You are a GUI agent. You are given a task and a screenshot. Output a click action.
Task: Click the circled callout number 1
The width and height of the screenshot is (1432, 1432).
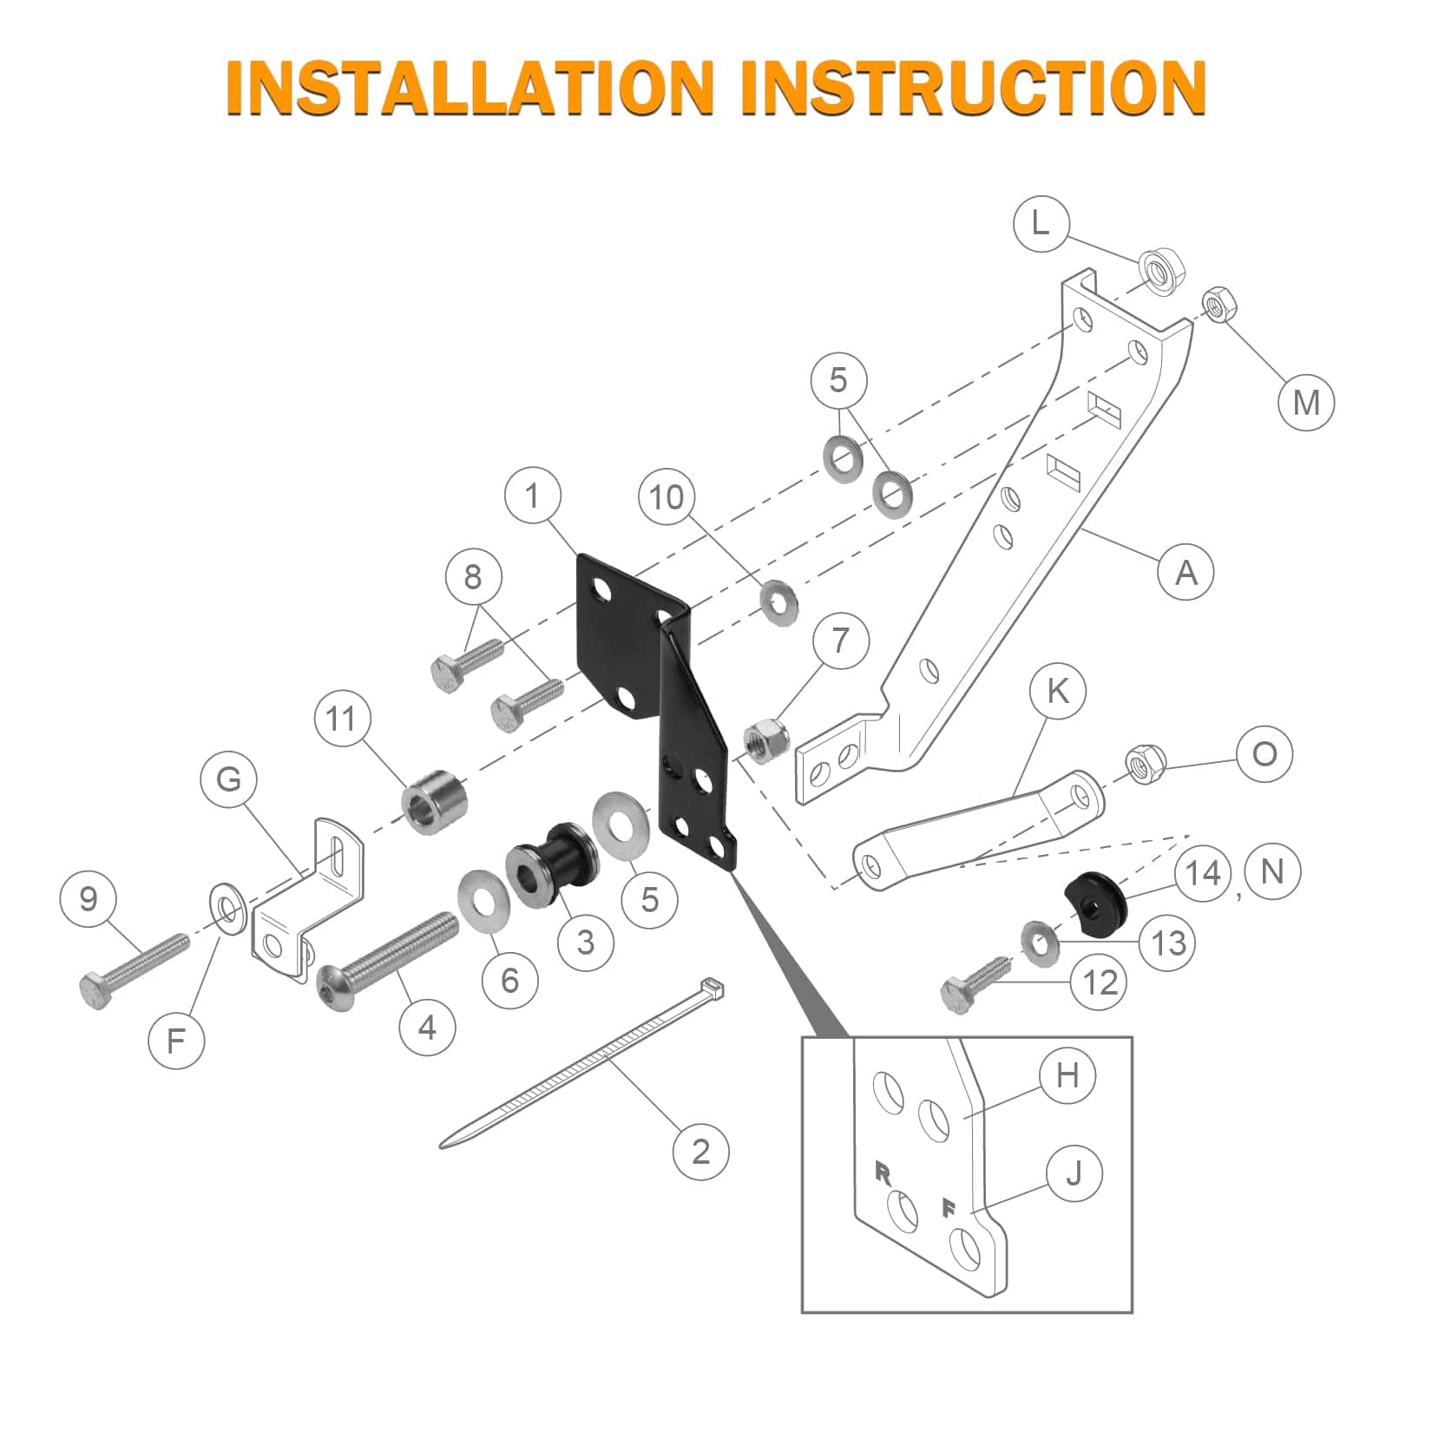coord(532,497)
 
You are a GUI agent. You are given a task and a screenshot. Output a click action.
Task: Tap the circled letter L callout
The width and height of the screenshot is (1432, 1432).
coord(1041,224)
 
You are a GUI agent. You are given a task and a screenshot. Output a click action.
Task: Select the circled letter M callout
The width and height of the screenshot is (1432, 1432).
coord(1306,402)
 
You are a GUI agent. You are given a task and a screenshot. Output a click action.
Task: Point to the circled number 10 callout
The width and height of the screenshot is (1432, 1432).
coord(667,497)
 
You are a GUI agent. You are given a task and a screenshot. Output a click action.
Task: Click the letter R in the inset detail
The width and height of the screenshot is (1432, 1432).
coord(884,1174)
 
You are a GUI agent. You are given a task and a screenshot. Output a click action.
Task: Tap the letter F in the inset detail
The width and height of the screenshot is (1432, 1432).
coord(949,1207)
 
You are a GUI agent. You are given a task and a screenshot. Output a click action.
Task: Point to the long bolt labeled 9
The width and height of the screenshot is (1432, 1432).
coord(135,971)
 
